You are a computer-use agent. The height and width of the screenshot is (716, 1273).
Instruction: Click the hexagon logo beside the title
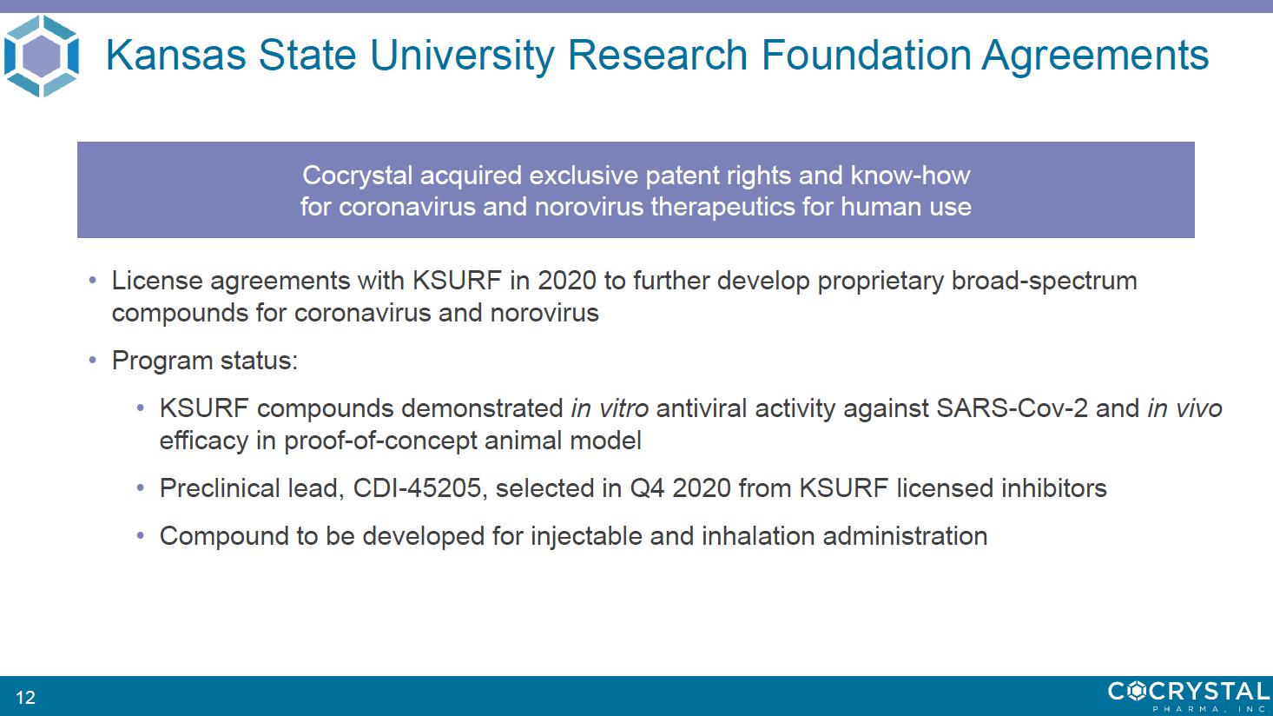[x=41, y=56]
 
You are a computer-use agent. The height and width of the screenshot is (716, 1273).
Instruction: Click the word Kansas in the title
[x=176, y=55]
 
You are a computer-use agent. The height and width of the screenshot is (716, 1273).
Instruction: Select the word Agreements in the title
[x=1095, y=56]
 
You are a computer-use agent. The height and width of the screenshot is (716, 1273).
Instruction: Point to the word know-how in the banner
[x=910, y=175]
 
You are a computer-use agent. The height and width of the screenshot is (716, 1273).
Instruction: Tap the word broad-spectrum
[x=1044, y=281]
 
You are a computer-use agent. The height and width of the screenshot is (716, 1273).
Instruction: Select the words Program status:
[x=205, y=361]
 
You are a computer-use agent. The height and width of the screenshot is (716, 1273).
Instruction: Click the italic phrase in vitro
[x=610, y=408]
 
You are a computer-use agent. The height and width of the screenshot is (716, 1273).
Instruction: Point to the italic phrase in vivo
[x=1185, y=408]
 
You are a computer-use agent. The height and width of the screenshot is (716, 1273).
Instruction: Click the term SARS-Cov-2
[x=1012, y=408]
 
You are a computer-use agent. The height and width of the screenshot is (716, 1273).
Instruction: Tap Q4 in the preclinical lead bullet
[x=647, y=488]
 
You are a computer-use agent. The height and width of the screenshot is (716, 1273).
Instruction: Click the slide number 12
[x=25, y=697]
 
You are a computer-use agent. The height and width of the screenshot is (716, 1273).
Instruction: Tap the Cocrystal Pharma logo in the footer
[x=1189, y=696]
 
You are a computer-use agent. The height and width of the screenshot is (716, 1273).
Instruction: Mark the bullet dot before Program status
[x=93, y=360]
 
